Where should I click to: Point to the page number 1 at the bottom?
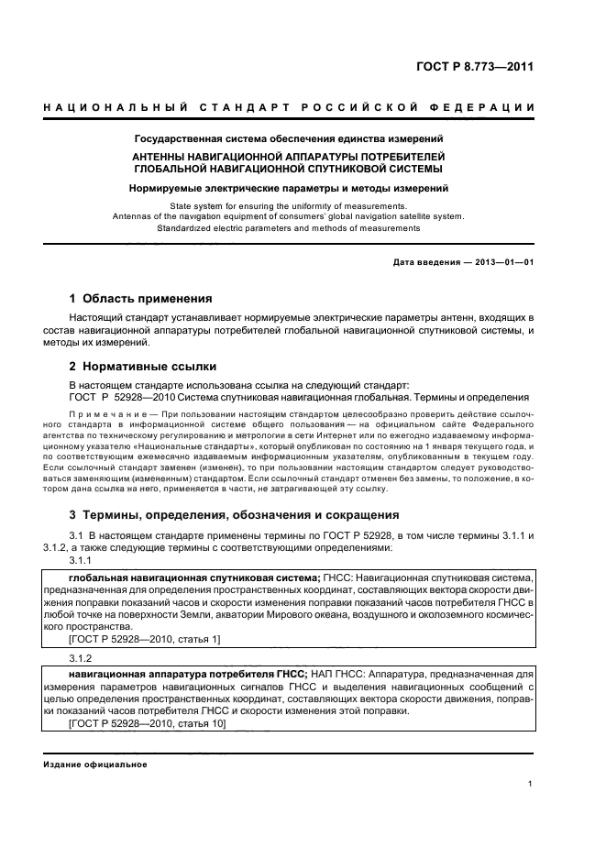531,783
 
